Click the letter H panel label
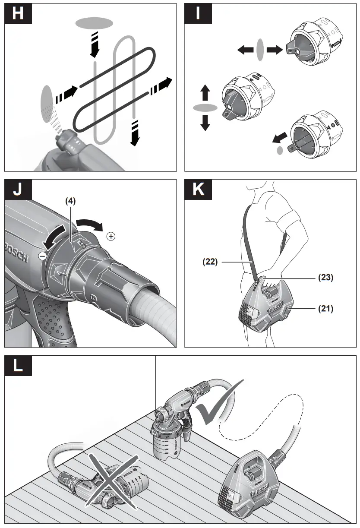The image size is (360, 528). (x=18, y=14)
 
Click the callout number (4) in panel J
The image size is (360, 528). (x=70, y=201)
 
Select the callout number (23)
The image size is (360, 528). (x=325, y=278)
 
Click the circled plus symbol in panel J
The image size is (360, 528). (x=111, y=237)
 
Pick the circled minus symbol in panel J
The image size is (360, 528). (x=43, y=256)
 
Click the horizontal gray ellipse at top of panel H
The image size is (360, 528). (x=94, y=22)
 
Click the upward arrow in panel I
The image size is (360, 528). (x=205, y=92)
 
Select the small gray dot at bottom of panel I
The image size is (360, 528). (x=279, y=150)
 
